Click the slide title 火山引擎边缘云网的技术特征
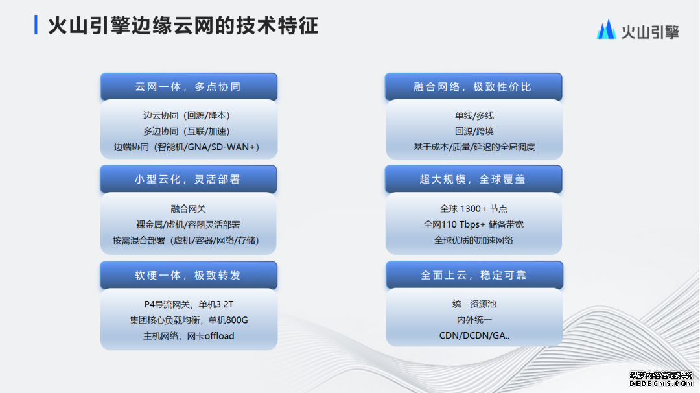click(x=183, y=25)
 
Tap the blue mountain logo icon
click(x=606, y=29)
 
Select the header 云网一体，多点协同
click(x=188, y=87)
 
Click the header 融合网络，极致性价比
click(x=472, y=87)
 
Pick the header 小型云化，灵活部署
click(x=188, y=179)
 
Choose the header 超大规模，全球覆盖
click(x=472, y=179)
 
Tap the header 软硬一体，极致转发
click(x=188, y=275)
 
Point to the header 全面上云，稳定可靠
click(x=474, y=275)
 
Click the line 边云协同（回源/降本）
click(x=187, y=115)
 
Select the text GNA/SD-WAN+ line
click(x=187, y=147)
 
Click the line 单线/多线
click(x=474, y=115)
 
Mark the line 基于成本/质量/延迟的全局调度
click(x=474, y=147)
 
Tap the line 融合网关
click(x=188, y=209)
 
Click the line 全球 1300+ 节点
click(x=474, y=209)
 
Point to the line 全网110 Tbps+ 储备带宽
click(x=474, y=224)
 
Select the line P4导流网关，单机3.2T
click(x=189, y=304)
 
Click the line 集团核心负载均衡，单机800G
click(x=189, y=320)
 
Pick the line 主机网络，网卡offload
click(x=189, y=336)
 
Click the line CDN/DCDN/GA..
click(x=474, y=335)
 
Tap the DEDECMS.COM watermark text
click(x=661, y=384)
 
